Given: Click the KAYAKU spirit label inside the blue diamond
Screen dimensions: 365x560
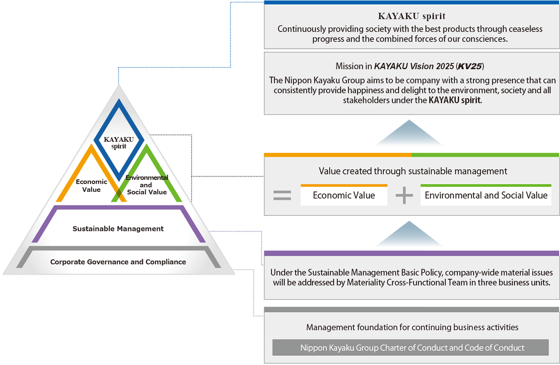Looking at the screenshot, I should pyautogui.click(x=119, y=143).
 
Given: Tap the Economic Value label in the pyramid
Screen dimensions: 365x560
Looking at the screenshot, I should pyautogui.click(x=91, y=186).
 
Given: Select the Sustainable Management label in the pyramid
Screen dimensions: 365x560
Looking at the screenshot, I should pyautogui.click(x=118, y=229).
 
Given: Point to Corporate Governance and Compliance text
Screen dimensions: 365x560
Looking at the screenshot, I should pyautogui.click(x=118, y=262).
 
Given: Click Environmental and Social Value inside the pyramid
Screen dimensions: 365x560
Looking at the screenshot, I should pyautogui.click(x=147, y=185).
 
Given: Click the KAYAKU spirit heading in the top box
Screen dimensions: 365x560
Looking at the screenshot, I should pyautogui.click(x=412, y=16).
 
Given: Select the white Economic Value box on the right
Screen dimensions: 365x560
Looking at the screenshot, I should pyautogui.click(x=344, y=195).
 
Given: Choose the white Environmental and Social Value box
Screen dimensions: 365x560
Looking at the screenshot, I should pyautogui.click(x=486, y=195).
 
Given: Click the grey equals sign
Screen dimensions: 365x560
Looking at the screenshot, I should pyautogui.click(x=282, y=195).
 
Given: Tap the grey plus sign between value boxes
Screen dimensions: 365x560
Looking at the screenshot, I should pyautogui.click(x=404, y=195).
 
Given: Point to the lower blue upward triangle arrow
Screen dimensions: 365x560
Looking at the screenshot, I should pyautogui.click(x=409, y=235).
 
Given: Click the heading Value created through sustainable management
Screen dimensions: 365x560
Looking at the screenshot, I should pyautogui.click(x=413, y=171).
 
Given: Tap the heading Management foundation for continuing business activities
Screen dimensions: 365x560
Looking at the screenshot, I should pyautogui.click(x=412, y=327).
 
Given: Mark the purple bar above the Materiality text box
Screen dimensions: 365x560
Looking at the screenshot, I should pyautogui.click(x=412, y=253).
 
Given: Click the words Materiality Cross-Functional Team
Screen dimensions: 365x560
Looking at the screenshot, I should pyautogui.click(x=407, y=283).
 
